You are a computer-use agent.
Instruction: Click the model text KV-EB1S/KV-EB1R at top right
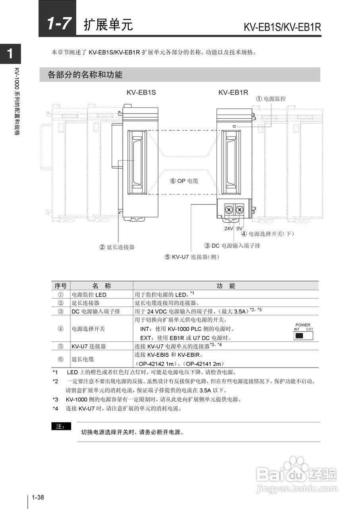282,27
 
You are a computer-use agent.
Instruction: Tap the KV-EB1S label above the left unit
141,92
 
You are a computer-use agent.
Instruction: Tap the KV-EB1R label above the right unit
233,92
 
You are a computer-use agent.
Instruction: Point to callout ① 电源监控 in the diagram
271,99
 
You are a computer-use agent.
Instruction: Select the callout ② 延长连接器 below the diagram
117,247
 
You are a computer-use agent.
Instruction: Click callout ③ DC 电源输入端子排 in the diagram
232,246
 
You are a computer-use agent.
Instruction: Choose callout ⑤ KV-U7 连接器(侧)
192,257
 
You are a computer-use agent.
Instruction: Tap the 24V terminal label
228,229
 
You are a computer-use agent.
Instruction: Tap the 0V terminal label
239,229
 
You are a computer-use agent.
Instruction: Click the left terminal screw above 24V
229,210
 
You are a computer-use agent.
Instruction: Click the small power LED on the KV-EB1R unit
234,126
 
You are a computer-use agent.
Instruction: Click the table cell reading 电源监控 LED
89,295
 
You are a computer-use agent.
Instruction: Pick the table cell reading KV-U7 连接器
89,346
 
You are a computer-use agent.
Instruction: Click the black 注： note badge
61,427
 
